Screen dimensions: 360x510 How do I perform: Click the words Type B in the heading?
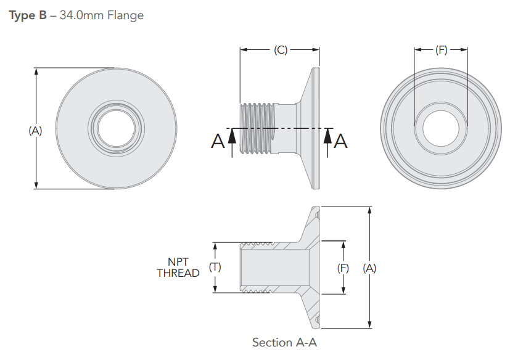(28, 15)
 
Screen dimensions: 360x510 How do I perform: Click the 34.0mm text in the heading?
(78, 15)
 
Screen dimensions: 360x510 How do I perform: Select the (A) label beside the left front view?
(35, 130)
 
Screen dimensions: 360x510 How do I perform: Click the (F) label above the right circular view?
(441, 51)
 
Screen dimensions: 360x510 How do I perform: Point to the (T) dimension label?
(215, 267)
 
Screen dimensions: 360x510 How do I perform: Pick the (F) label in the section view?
(343, 268)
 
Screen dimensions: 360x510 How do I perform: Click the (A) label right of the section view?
(369, 268)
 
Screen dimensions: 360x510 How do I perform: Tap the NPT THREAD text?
(178, 268)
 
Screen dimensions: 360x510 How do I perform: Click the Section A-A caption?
(284, 342)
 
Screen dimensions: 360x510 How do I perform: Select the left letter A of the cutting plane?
(218, 142)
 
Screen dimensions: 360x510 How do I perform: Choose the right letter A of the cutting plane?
(341, 142)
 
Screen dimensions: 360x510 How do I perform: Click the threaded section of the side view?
(256, 129)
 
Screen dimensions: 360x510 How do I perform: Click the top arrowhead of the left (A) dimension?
(36, 72)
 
